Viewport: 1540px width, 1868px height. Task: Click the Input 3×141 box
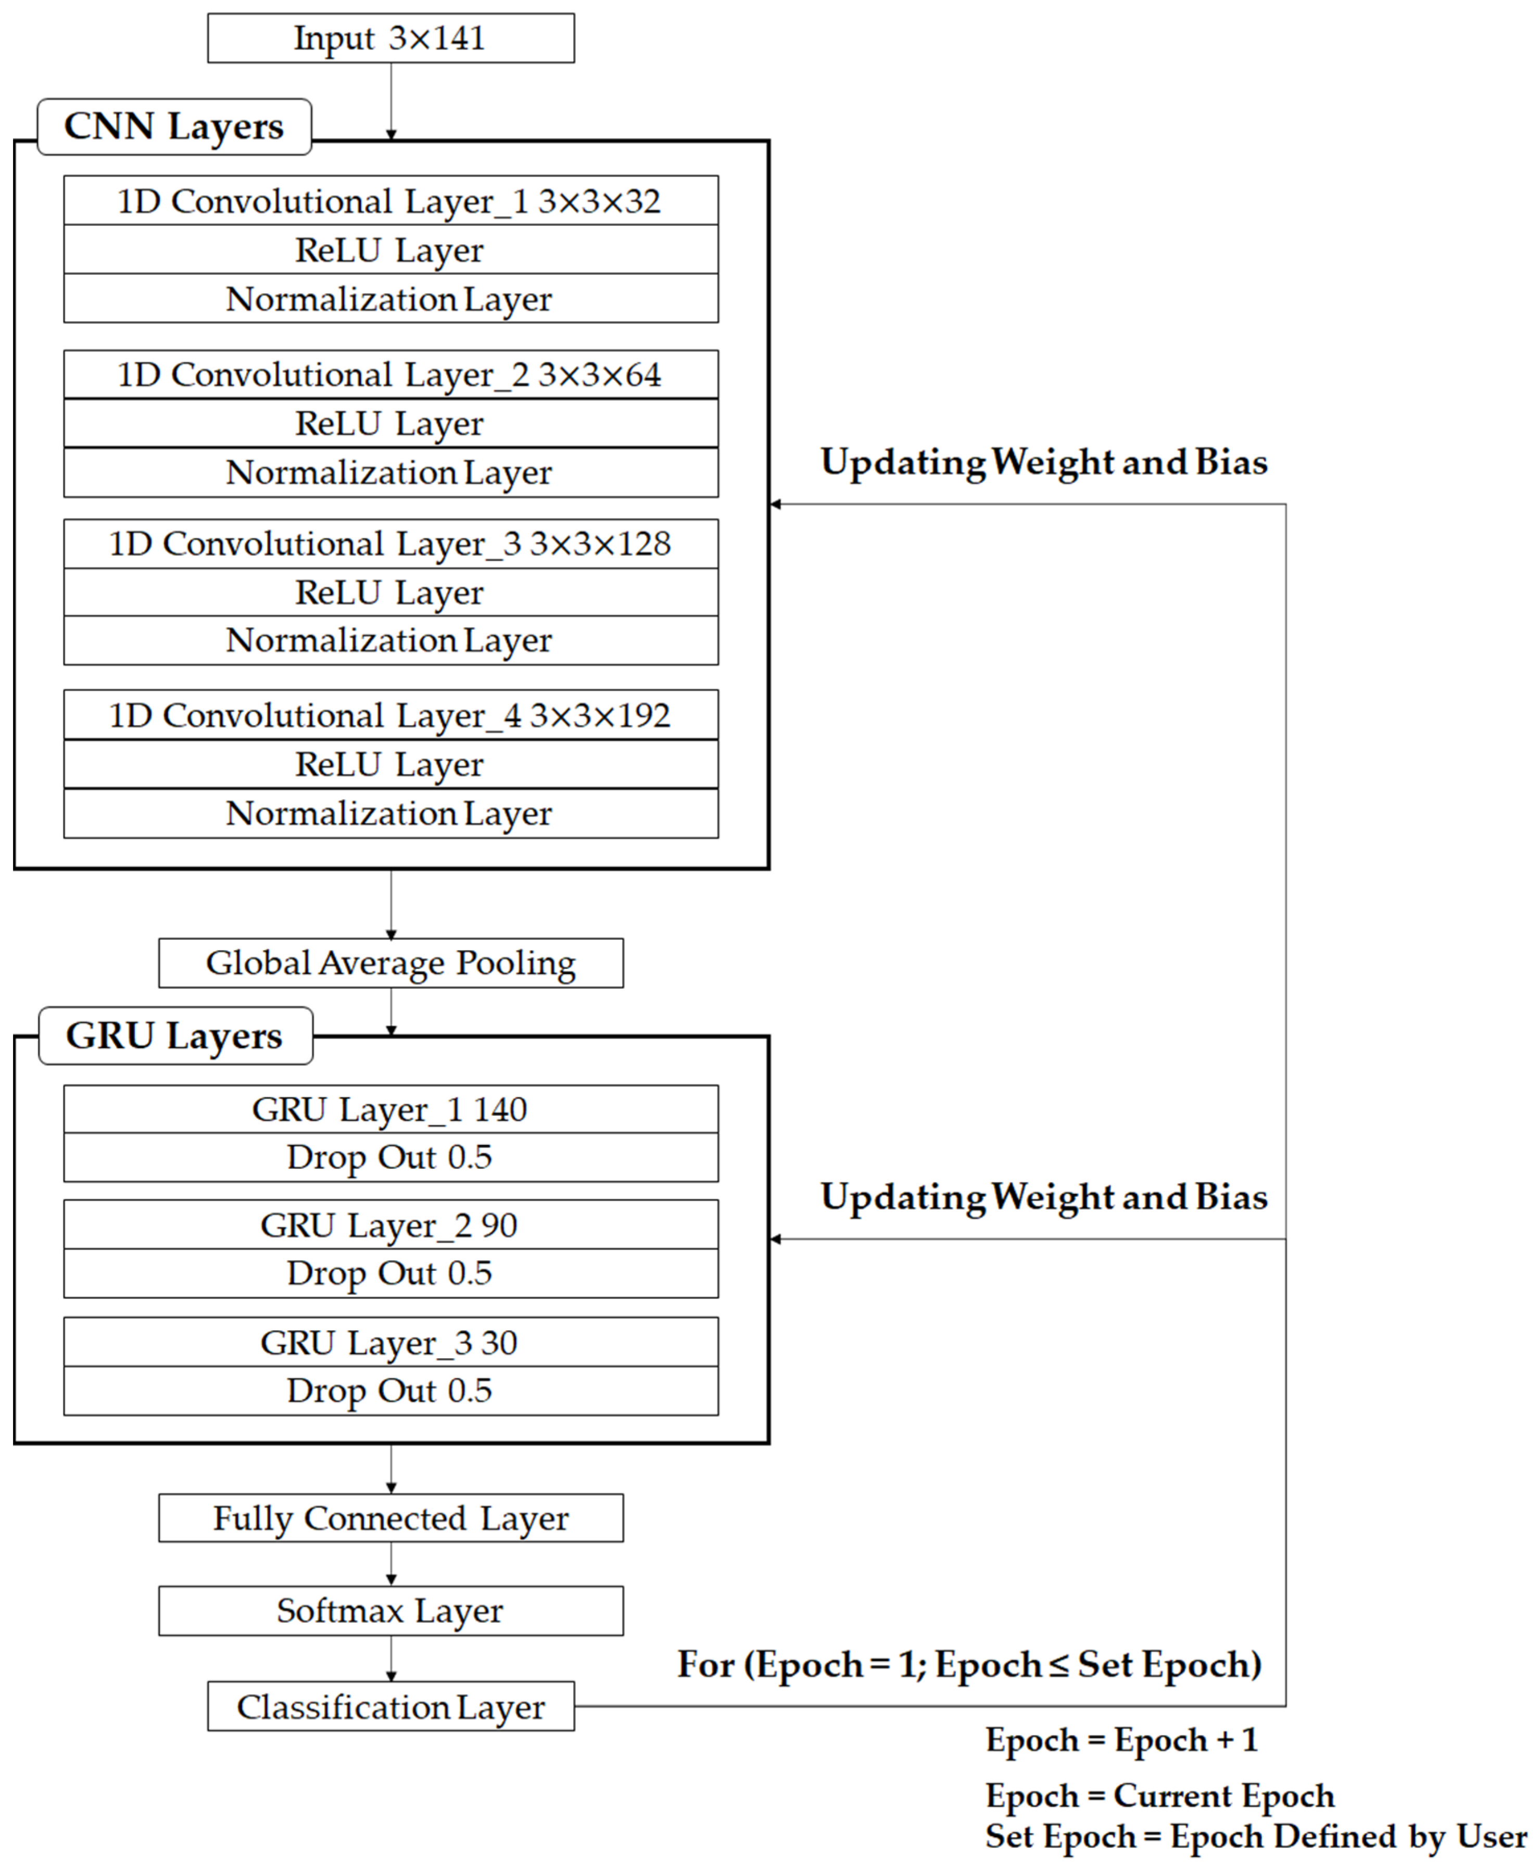click(x=390, y=38)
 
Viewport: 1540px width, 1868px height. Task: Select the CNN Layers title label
click(x=174, y=127)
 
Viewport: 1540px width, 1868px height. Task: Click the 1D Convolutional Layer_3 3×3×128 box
click(x=390, y=543)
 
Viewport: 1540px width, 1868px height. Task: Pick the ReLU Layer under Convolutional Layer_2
click(x=390, y=423)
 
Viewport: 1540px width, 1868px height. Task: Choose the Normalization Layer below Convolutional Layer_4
click(x=390, y=813)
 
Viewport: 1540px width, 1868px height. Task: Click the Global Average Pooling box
click(x=390, y=963)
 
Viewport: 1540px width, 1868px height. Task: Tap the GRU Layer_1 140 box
click(x=390, y=1109)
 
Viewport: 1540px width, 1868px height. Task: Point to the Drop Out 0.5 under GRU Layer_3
click(x=390, y=1390)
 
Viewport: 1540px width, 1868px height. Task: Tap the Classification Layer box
click(x=390, y=1707)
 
